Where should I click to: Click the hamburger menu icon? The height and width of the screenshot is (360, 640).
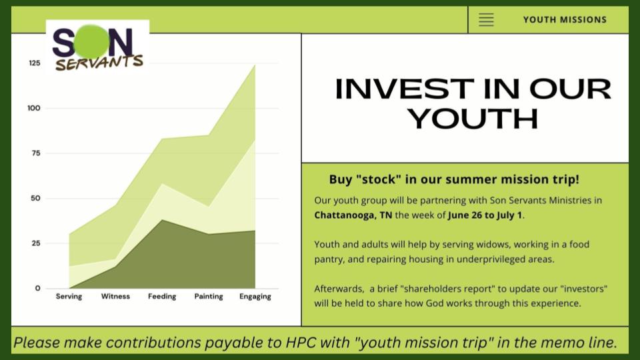[x=486, y=19]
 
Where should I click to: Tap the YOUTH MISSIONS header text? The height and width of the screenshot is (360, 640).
[x=565, y=19]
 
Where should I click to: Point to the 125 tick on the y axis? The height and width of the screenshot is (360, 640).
[x=35, y=63]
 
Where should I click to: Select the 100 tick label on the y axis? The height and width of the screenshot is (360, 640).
[x=34, y=108]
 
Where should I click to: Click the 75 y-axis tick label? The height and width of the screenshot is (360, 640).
[x=35, y=153]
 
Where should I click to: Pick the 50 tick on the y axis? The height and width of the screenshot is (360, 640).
[x=35, y=199]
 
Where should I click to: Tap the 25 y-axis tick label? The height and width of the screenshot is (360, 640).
[x=35, y=243]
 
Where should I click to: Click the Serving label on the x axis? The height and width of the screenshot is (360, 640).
[x=69, y=297]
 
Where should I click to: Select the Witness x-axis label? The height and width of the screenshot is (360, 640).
[x=115, y=296]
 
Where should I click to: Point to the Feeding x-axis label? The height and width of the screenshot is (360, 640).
[x=162, y=297]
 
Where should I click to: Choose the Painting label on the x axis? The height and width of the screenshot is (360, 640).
[x=209, y=297]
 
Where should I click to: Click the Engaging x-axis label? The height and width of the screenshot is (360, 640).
[x=255, y=297]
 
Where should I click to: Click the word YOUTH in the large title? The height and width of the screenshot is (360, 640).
[x=473, y=119]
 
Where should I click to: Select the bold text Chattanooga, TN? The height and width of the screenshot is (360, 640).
[x=353, y=215]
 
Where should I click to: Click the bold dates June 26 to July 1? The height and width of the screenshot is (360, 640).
[x=485, y=215]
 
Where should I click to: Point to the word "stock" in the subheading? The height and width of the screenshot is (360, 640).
[x=379, y=179]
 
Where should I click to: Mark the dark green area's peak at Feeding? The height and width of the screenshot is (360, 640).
[x=162, y=220]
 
